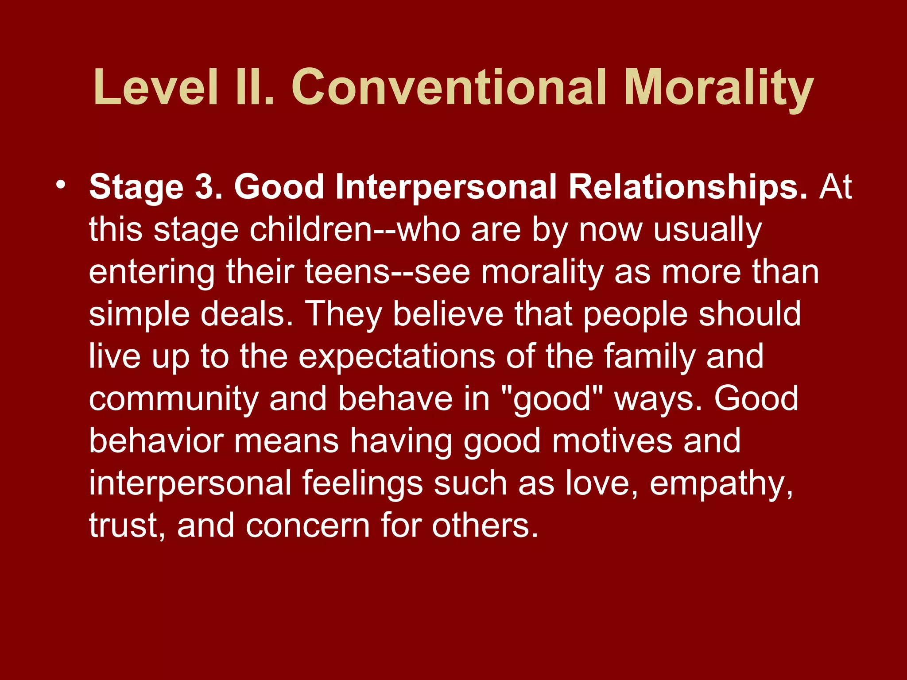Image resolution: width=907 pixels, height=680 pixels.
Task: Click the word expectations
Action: coord(396,356)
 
